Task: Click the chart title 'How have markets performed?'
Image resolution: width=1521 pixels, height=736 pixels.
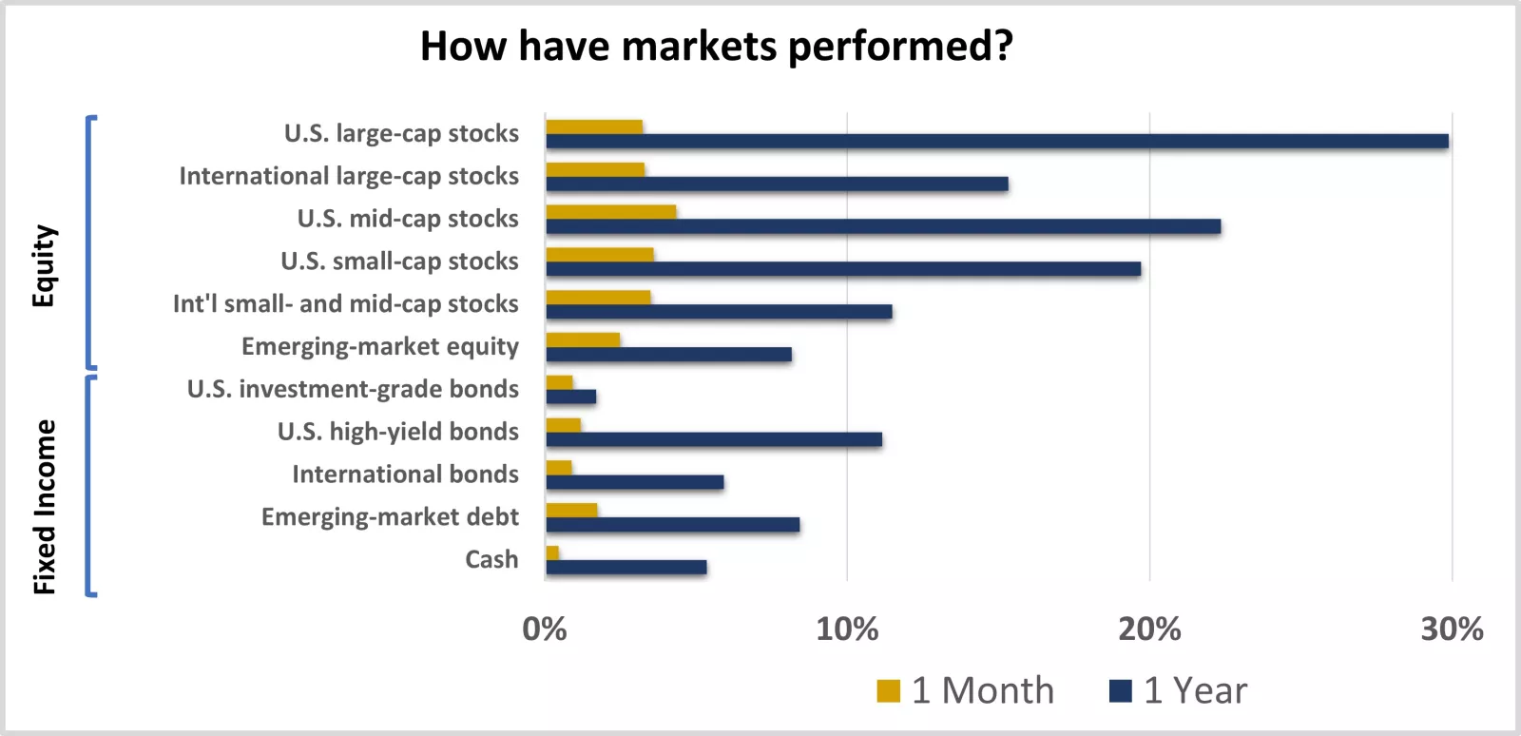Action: click(717, 46)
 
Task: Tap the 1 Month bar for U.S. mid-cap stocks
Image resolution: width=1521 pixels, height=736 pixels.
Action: click(610, 212)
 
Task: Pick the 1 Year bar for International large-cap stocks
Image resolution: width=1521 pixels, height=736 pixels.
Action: click(777, 184)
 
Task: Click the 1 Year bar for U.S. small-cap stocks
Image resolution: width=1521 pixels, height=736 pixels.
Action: click(843, 269)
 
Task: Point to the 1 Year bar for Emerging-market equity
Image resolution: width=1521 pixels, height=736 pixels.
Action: click(668, 355)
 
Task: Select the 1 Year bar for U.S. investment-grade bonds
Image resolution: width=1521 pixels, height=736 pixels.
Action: click(570, 397)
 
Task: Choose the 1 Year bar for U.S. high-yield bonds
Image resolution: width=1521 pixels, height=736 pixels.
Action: click(714, 439)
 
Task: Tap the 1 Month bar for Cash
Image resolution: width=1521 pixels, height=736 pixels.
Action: click(552, 552)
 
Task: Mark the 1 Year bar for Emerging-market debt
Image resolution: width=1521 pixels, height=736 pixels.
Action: click(672, 525)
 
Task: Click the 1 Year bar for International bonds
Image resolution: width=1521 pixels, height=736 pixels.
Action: click(634, 482)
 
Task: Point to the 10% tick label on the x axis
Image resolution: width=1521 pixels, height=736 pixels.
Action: click(847, 629)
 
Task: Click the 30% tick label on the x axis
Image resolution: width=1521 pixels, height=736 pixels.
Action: click(1452, 629)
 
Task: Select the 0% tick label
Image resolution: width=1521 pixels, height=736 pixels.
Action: click(545, 629)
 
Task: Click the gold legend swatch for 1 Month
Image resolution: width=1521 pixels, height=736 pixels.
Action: click(888, 691)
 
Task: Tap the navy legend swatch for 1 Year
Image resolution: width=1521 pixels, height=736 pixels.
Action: click(1121, 691)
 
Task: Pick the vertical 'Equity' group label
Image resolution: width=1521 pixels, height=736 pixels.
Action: click(44, 266)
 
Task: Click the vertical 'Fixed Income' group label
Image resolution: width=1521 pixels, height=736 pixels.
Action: click(44, 507)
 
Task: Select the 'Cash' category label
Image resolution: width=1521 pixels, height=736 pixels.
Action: click(491, 559)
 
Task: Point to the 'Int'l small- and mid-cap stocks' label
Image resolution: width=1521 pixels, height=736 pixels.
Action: click(346, 304)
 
